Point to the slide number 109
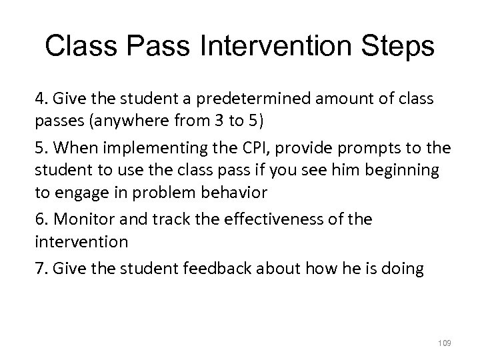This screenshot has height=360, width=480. coord(445,343)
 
